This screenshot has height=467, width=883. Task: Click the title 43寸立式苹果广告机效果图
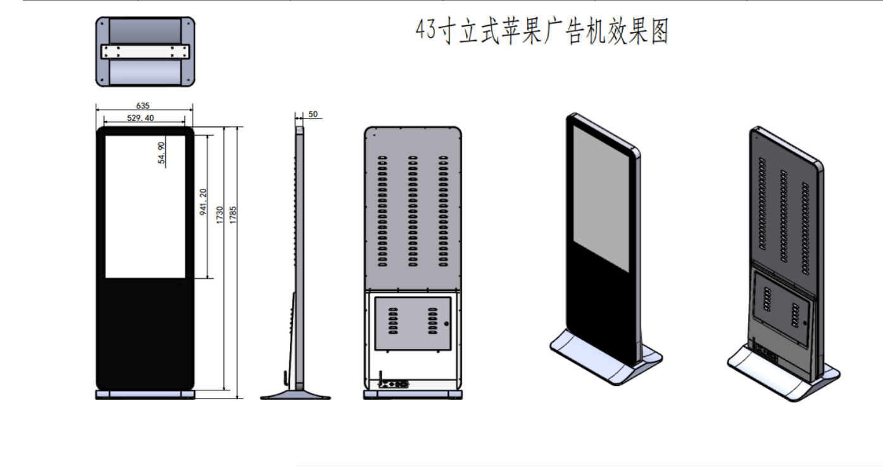coord(542,31)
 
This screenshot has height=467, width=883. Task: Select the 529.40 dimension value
coord(141,118)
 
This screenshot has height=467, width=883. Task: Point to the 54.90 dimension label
coord(162,153)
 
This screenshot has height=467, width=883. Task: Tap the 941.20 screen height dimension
coord(203,202)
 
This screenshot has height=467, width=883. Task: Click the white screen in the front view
coord(145,207)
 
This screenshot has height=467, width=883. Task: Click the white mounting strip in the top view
coord(145,51)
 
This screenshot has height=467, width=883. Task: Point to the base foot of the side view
coord(296,394)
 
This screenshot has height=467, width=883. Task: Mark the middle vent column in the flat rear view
coord(412,210)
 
